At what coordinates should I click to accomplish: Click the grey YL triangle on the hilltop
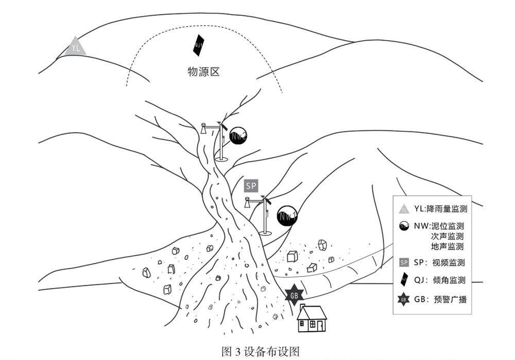(x=76, y=47)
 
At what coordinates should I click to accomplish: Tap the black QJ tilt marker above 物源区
(x=198, y=45)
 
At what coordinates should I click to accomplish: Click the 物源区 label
(x=203, y=72)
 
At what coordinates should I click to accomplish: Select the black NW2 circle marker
(x=237, y=135)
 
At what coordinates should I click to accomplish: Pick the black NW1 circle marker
(x=287, y=216)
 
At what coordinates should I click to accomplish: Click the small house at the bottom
(x=312, y=319)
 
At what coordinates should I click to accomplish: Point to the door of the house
(x=320, y=326)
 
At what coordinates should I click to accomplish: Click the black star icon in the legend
(x=404, y=299)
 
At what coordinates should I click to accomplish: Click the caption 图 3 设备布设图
(x=260, y=352)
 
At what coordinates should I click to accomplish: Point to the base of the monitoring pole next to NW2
(x=222, y=159)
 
